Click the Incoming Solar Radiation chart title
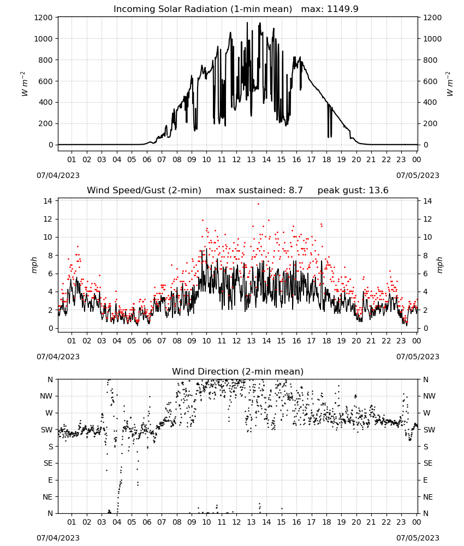pyautogui.click(x=203, y=9)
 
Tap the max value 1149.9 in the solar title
pyautogui.click(x=343, y=9)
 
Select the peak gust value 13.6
pyautogui.click(x=378, y=190)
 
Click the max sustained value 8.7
pyautogui.click(x=295, y=190)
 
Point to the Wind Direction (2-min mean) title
pyautogui.click(x=238, y=371)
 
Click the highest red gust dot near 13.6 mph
pyautogui.click(x=258, y=204)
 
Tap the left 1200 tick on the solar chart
pyautogui.click(x=44, y=17)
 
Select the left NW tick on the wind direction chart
pyautogui.click(x=46, y=396)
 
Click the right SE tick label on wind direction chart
pyautogui.click(x=428, y=464)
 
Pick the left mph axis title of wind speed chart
pyautogui.click(x=34, y=265)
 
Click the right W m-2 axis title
pyautogui.click(x=449, y=84)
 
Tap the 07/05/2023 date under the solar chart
pyautogui.click(x=418, y=175)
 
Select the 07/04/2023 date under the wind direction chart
pyautogui.click(x=58, y=538)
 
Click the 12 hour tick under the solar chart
pyautogui.click(x=236, y=160)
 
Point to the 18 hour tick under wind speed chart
pyautogui.click(x=326, y=341)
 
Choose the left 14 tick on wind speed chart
pyautogui.click(x=48, y=201)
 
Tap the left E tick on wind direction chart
pyautogui.click(x=50, y=480)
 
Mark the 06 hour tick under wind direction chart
pyautogui.click(x=147, y=523)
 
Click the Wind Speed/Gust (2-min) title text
pyautogui.click(x=144, y=190)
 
